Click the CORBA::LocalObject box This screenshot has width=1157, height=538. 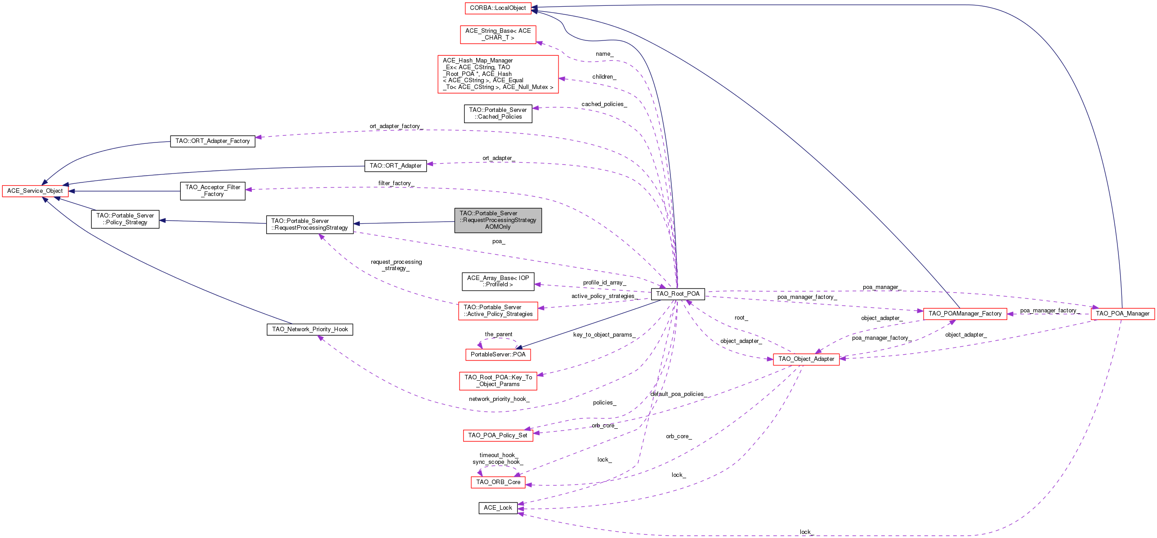498,8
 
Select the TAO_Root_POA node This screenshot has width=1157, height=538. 678,294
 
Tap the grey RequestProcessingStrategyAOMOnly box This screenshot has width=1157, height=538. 498,220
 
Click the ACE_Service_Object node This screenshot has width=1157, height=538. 35,191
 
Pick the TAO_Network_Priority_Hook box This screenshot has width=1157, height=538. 310,329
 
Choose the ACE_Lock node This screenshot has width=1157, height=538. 498,508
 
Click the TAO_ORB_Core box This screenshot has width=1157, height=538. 498,482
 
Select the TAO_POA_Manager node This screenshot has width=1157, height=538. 1122,314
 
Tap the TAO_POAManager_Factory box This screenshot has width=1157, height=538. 965,314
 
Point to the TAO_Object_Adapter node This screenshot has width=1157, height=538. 806,359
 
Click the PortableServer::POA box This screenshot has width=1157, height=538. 498,355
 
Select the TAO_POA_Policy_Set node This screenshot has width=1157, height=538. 498,436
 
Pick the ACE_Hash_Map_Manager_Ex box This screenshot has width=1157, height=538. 498,74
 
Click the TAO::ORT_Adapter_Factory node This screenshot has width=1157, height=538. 213,141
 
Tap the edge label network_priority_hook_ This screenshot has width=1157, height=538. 499,399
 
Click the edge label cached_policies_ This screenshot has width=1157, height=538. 604,104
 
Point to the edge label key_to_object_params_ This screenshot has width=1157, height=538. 604,335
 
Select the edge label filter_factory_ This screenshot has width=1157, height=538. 396,183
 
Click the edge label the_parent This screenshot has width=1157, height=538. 498,334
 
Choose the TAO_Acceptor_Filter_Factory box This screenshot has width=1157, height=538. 213,191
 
